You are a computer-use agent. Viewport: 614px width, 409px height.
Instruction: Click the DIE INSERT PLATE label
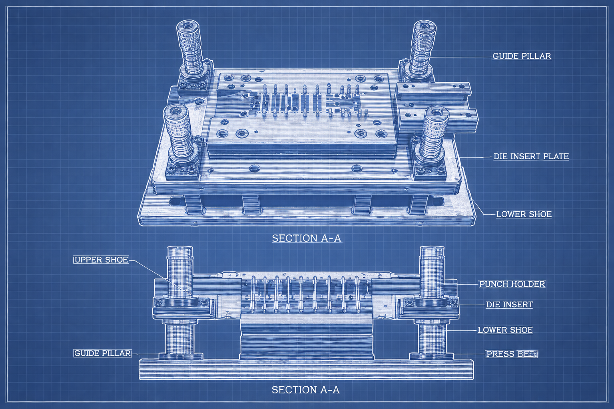coord(531,157)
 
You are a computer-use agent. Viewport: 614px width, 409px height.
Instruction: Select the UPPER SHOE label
coord(101,260)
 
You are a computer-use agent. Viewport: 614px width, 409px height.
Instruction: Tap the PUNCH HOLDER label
coord(512,284)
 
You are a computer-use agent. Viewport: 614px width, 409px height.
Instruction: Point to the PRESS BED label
coord(512,354)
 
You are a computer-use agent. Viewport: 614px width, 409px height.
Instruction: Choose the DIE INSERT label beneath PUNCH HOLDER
coord(509,305)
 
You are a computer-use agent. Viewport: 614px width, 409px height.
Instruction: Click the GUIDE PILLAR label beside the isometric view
coord(522,56)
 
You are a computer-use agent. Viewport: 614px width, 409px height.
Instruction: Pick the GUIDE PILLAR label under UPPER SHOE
coord(102,353)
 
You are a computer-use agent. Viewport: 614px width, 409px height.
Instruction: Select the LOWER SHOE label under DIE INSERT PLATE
coord(524,214)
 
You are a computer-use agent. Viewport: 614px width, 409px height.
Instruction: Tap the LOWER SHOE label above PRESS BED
coord(505,330)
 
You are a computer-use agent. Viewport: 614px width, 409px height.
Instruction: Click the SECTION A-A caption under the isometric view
coord(307,238)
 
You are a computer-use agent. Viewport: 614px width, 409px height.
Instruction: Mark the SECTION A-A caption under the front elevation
coord(305,390)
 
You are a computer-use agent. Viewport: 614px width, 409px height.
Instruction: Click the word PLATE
coord(556,157)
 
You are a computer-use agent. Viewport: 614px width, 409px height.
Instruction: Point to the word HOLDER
coord(528,284)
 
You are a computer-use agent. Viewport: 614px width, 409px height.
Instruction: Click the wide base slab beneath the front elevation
coord(306,369)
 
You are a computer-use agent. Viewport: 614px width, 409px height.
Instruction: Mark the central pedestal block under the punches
coord(306,337)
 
